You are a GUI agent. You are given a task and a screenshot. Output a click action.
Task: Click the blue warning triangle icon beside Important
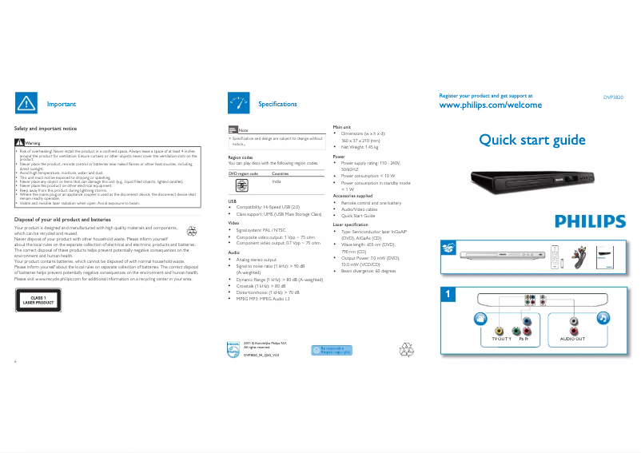[26, 103]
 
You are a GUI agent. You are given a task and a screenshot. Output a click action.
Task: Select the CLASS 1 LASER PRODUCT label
[38, 300]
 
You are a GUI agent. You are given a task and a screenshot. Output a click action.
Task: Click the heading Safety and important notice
[46, 129]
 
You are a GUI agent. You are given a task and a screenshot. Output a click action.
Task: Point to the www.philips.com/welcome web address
[491, 105]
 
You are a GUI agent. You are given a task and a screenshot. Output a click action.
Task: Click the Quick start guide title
[532, 141]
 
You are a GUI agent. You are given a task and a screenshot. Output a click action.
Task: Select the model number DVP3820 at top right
[613, 97]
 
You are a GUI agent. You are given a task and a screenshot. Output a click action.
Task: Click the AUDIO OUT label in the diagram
[572, 339]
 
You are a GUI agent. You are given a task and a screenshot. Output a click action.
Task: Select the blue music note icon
[602, 317]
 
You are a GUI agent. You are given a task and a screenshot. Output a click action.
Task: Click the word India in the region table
[277, 182]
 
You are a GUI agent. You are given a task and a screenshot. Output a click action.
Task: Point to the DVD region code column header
[243, 173]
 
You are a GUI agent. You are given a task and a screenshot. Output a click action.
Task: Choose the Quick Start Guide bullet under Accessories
[358, 216]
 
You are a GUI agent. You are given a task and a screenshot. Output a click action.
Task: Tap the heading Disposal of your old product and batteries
[62, 219]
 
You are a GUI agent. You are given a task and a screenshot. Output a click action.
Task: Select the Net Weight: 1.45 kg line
[360, 147]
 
